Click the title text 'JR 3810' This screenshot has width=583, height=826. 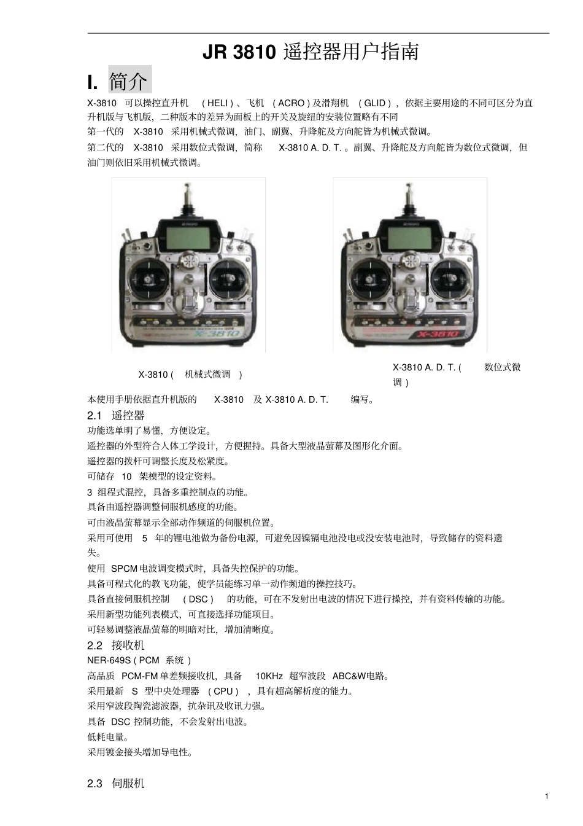tap(239, 52)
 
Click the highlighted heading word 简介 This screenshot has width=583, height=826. tap(129, 80)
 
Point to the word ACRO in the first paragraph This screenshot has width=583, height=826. tap(291, 103)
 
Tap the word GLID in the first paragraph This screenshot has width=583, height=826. tap(374, 103)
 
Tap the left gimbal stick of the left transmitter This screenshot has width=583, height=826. tap(149, 280)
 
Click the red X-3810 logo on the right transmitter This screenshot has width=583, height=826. tap(438, 334)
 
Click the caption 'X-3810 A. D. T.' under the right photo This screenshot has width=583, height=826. tap(424, 367)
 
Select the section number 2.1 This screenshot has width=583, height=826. tap(95, 416)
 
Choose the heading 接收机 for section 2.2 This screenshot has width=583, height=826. tap(128, 645)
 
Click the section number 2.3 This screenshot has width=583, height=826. tap(95, 784)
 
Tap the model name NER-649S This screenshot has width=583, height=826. tap(109, 660)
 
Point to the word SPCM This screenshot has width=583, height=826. tap(124, 569)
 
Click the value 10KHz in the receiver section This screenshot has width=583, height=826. tap(269, 676)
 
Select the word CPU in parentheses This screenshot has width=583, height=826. tap(223, 692)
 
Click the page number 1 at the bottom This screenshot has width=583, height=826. tap(546, 797)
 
